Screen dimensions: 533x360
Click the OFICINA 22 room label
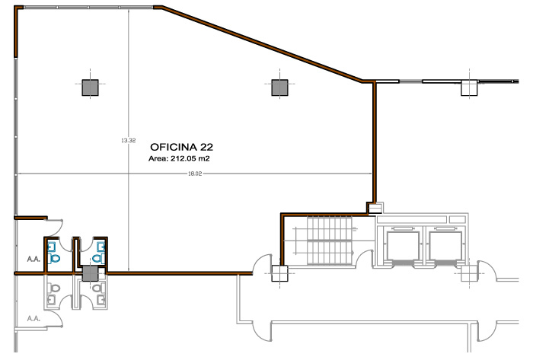pos(181,147)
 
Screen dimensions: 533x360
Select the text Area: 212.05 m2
pos(179,158)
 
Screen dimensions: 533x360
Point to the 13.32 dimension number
pos(129,140)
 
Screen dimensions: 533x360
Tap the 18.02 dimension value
pos(195,174)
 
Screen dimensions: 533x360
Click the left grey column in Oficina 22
pos(90,88)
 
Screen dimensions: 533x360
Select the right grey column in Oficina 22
pos(279,88)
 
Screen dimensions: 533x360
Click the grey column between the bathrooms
pos(90,273)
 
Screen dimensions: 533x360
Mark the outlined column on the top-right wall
pos(470,88)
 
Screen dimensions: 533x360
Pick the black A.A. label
pos(34,260)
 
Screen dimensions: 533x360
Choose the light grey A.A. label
pos(34,319)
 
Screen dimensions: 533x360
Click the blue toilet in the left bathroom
pos(55,259)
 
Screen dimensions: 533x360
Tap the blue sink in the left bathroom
pos(52,246)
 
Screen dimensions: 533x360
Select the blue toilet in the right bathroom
pos(98,259)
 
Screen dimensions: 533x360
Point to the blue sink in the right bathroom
pos(101,246)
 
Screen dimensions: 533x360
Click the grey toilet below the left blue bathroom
pos(54,288)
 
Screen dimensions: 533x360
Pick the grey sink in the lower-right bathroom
pos(101,300)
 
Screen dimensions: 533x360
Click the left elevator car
pos(402,246)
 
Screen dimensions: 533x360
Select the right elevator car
pos(445,246)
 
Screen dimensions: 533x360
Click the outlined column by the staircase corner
pos(279,273)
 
